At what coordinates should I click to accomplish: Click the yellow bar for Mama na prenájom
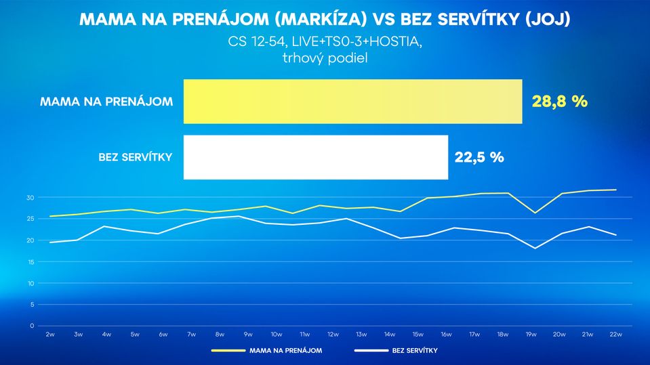(352, 102)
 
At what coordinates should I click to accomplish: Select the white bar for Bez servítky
(315, 157)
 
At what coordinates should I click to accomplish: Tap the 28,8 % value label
(559, 102)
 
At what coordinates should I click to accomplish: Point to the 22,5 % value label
(479, 157)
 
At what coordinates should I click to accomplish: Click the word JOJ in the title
(547, 19)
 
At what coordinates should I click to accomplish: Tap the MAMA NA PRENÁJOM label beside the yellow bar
(106, 102)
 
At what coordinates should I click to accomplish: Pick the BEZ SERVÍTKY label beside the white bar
(135, 157)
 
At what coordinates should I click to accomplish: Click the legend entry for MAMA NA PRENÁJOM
(285, 351)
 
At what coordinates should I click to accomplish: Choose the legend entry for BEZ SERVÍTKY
(414, 351)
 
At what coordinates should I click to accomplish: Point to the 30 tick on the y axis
(30, 198)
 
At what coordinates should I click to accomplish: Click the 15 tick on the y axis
(30, 262)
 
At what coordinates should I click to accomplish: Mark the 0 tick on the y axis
(31, 326)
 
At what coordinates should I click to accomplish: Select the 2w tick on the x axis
(50, 335)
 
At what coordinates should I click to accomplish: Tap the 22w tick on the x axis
(615, 335)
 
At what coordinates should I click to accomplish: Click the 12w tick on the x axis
(333, 335)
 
